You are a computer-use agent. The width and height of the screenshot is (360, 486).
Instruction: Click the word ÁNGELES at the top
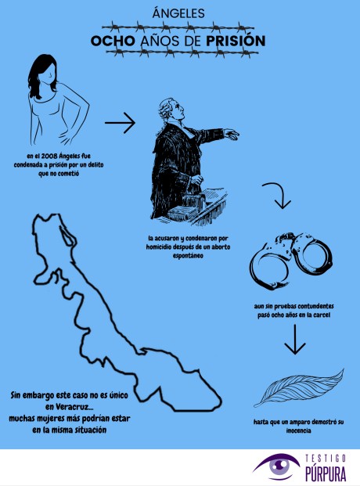coord(178,13)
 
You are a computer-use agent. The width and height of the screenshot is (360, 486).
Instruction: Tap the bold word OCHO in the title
coord(113,41)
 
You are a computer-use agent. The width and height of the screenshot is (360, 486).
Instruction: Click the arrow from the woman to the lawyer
coord(120,123)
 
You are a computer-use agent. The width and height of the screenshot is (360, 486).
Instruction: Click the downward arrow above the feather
coord(295,340)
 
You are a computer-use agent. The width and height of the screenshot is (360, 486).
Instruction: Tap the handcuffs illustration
coord(291,261)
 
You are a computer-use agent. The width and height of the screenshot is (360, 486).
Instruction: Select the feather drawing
coord(299,388)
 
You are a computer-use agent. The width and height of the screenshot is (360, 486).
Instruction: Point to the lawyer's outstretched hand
coord(231,134)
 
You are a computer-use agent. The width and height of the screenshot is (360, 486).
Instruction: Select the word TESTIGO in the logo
coord(326,458)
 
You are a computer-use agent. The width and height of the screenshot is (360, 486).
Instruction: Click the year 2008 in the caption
coord(49,156)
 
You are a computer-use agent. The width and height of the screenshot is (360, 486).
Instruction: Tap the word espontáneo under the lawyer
coord(188,256)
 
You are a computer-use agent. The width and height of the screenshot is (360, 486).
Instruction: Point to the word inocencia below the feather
coord(298,430)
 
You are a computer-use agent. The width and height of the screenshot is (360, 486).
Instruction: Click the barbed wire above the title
coord(178,27)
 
